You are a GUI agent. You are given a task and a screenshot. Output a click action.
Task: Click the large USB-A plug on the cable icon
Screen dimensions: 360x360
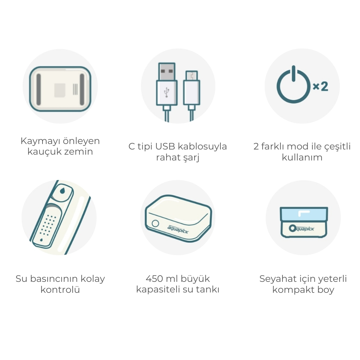tap(167, 84)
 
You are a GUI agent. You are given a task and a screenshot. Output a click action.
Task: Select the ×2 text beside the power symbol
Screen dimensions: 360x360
tap(321, 86)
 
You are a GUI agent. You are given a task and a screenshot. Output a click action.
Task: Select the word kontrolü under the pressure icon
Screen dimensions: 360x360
tap(60, 289)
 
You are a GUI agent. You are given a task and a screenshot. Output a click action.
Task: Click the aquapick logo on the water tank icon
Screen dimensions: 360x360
tap(178, 229)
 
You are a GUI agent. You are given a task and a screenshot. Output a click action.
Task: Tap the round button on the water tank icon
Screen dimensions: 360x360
tap(155, 224)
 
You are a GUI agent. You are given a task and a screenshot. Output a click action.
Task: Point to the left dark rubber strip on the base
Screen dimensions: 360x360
tap(38, 89)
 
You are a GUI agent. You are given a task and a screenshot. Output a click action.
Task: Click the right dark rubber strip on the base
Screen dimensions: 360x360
tap(82, 89)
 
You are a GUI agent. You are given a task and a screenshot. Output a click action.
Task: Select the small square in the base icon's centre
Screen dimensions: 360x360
tap(60, 90)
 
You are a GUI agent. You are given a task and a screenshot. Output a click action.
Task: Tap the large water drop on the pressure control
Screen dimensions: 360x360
tap(62, 191)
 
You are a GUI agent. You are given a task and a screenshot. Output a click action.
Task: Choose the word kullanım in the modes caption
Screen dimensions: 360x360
tap(302, 157)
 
